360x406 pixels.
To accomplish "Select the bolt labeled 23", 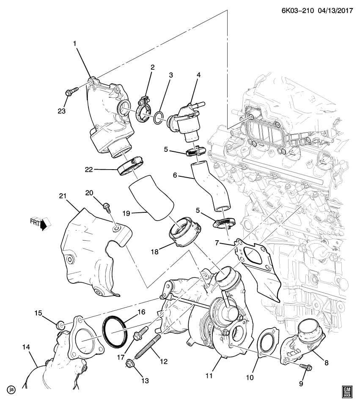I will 71,91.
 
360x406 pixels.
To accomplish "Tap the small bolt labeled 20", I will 107,208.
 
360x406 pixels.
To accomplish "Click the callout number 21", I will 63,195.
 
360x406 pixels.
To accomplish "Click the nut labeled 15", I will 60,325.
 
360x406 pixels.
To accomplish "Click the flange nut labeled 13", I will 130,362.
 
